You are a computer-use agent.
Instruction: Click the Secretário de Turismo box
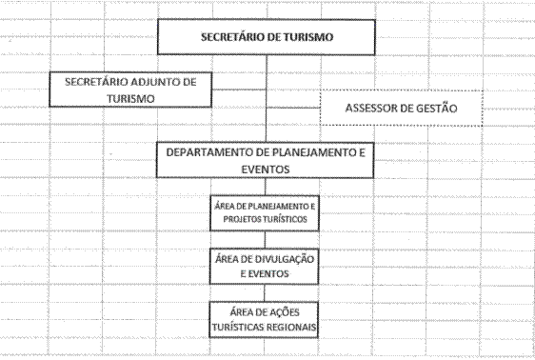coord(267,37)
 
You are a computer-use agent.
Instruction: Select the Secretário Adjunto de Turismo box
coord(130,90)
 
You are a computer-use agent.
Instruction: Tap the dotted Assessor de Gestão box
coord(402,109)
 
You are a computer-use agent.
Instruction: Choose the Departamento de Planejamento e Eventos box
coord(265,160)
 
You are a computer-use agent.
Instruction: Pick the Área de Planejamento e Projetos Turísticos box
coord(265,213)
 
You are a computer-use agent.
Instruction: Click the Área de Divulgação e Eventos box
coord(264,266)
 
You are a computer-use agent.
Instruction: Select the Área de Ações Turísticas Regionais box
coord(264,320)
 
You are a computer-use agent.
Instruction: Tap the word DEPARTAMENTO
coord(209,152)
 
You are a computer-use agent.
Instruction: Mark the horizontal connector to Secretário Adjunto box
coord(239,90)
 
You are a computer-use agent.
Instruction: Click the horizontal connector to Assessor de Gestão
coord(293,108)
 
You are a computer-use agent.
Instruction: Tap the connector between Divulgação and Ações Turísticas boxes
coord(264,293)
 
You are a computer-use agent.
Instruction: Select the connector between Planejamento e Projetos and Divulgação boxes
coord(265,240)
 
